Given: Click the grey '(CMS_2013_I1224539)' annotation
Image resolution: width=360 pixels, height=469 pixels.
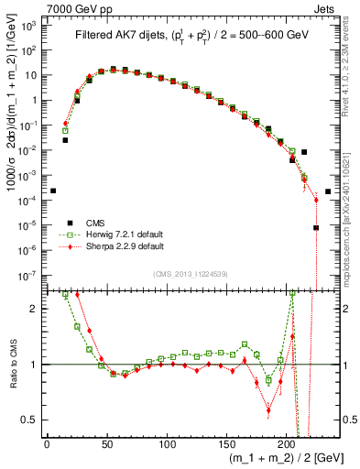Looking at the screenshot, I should (x=190, y=273).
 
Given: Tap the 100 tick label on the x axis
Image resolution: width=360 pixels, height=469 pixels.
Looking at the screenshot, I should (x=167, y=444).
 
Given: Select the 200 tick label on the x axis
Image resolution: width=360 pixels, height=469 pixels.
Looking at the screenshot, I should (x=287, y=444).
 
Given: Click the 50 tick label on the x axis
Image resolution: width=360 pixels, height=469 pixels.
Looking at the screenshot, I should (x=106, y=444).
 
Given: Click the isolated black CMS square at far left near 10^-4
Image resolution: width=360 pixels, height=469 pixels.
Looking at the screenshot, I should (x=53, y=191).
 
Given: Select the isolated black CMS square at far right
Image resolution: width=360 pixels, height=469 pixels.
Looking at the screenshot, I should (x=328, y=191).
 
